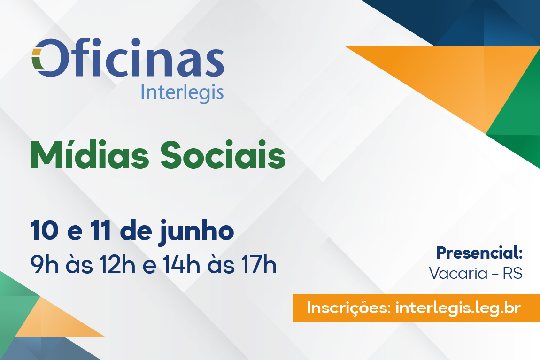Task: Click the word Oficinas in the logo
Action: (x=128, y=57)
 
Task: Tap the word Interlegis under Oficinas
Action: (x=182, y=93)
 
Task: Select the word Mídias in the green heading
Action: (x=90, y=154)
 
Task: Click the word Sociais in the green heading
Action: (x=223, y=154)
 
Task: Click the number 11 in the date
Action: (x=100, y=230)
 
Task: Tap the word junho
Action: (x=196, y=233)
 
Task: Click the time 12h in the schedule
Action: (x=117, y=264)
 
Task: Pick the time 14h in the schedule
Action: (x=181, y=264)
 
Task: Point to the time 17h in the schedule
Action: (x=259, y=264)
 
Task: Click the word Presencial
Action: (x=479, y=253)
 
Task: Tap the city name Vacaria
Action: (x=458, y=274)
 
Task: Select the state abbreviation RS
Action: (x=513, y=274)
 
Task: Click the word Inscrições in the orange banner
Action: (x=348, y=308)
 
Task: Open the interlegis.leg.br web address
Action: (x=458, y=308)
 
